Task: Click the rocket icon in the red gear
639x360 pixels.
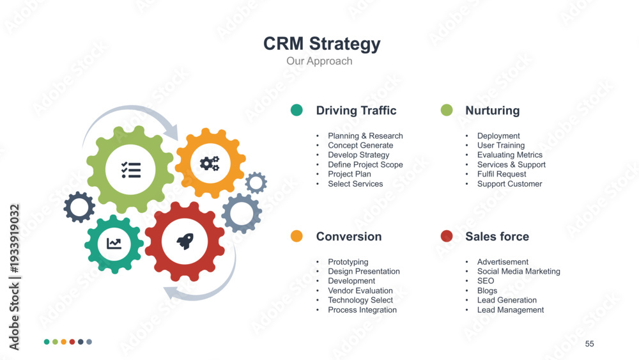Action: (185, 241)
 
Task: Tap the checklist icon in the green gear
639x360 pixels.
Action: (131, 169)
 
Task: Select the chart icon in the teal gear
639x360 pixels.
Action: (114, 244)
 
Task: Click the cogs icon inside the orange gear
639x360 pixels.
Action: (210, 164)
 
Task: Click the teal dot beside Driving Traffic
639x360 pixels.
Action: (296, 110)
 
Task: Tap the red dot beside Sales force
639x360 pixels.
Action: (447, 236)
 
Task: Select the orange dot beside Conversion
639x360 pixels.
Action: (296, 236)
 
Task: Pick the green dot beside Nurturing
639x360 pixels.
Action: (447, 110)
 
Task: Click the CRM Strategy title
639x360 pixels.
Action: (321, 44)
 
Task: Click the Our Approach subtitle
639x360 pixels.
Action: (319, 61)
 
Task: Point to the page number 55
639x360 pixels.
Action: (589, 343)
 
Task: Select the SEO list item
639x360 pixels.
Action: (486, 281)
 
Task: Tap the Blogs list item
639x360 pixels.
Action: (487, 291)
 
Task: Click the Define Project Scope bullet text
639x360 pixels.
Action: (365, 165)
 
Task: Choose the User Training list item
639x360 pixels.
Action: (501, 146)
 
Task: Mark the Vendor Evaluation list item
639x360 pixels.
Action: (360, 291)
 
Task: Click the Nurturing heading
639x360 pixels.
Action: (492, 111)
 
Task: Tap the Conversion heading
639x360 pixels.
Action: (349, 237)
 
